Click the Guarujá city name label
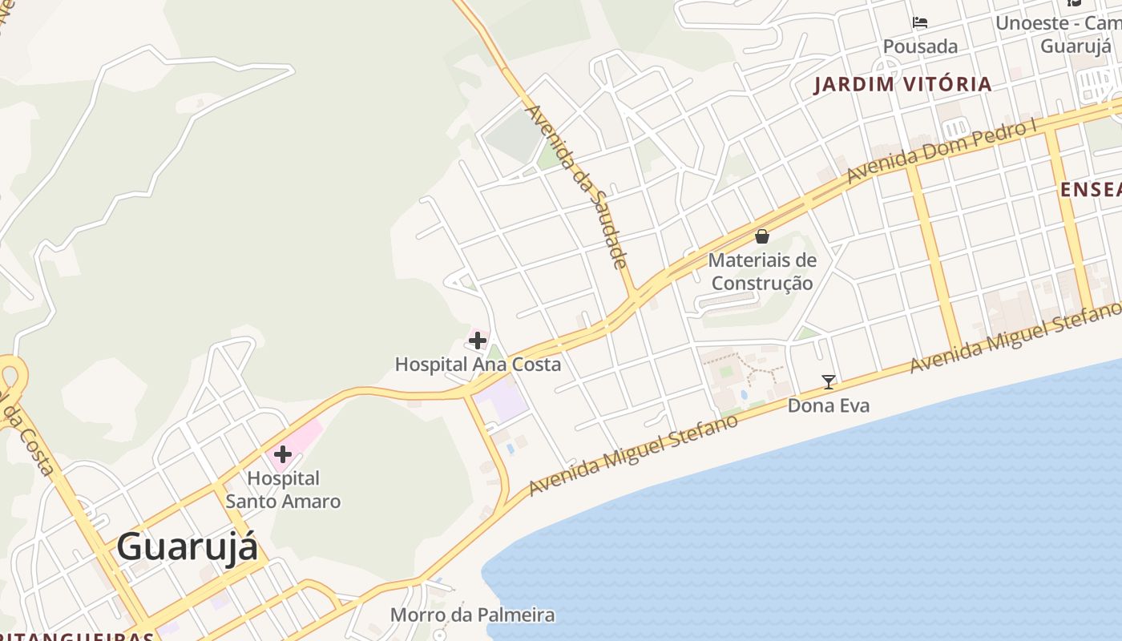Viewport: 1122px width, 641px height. [188, 548]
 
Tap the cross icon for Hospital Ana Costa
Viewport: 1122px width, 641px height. [478, 341]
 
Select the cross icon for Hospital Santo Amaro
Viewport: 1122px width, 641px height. [282, 454]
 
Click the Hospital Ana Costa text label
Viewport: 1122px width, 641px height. [478, 365]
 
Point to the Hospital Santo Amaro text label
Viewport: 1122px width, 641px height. [283, 490]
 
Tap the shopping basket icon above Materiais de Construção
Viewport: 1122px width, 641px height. [762, 236]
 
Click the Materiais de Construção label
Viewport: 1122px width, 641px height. [762, 272]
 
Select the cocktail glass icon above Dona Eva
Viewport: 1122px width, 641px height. [829, 382]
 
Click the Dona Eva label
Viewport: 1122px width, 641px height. [829, 405]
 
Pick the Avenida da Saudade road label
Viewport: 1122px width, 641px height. [575, 186]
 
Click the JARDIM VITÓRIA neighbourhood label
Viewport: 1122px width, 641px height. [902, 84]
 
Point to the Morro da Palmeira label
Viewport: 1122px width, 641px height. [472, 615]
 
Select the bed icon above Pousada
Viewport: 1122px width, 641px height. [920, 22]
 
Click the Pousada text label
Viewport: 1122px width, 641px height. [920, 46]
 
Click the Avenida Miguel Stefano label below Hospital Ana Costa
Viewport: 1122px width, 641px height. [633, 454]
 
